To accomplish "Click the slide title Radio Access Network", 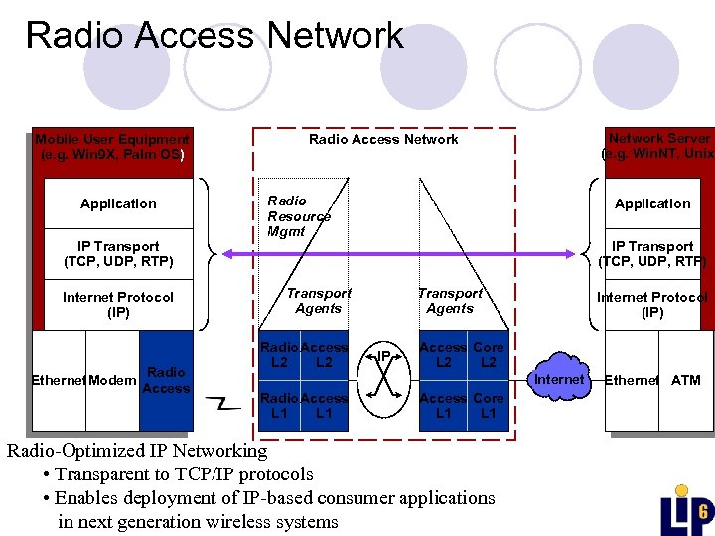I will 214,35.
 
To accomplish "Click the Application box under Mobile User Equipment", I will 118,203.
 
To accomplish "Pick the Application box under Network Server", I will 652,203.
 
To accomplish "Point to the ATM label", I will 685,380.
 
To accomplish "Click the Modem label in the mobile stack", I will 113,380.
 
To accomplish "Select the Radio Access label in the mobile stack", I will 166,380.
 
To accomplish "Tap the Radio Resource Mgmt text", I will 298,216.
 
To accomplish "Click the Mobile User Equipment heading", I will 110,147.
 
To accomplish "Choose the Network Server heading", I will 658,147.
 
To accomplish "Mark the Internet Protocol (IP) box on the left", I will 117,304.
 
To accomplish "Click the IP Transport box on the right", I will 652,254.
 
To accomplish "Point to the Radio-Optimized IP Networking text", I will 137,451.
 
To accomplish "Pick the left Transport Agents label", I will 318,301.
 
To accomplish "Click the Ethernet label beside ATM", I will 632,380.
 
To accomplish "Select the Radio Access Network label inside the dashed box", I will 383,140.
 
